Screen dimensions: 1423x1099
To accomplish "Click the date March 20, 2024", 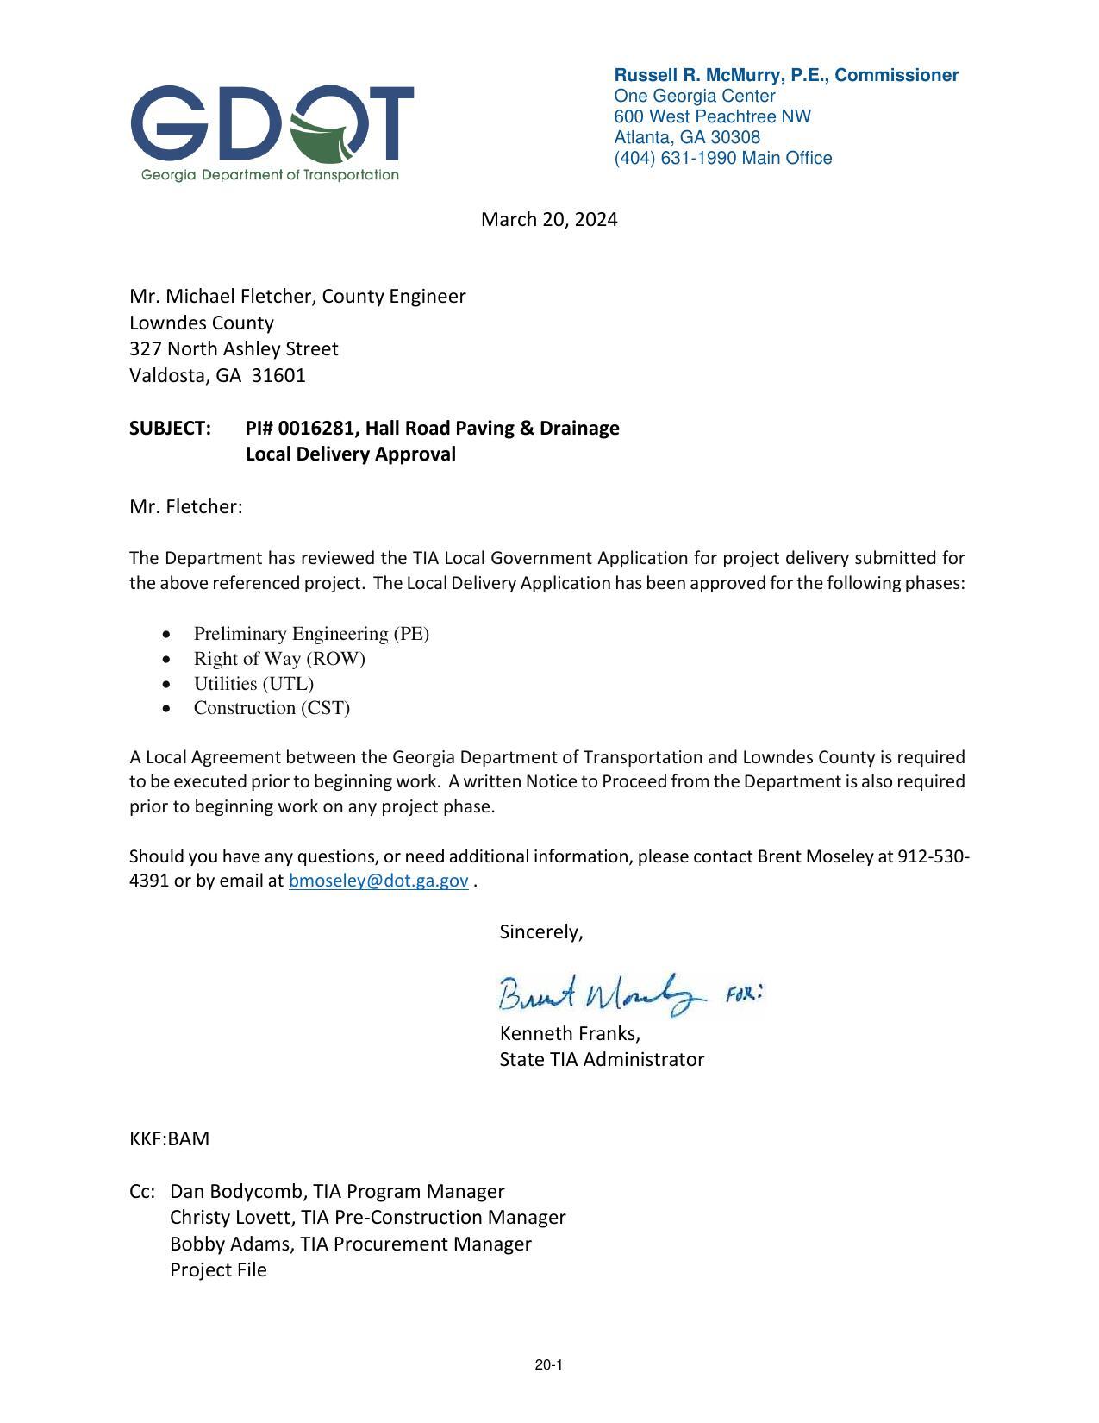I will tap(549, 219).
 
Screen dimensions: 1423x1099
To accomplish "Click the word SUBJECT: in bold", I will tap(171, 428).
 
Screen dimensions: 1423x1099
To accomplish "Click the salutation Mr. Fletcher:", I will tap(186, 506).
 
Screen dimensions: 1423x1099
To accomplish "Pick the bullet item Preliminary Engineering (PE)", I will tap(311, 634).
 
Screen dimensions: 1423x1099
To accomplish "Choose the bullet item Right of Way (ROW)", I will tap(279, 659).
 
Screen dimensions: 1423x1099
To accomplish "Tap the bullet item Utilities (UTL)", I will tap(253, 684).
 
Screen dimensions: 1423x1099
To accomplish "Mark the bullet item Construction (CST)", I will tap(272, 708).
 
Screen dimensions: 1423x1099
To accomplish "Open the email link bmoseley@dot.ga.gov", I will tap(378, 881).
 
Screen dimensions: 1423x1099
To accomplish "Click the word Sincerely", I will tap(540, 931).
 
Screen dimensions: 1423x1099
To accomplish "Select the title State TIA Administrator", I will tap(602, 1059).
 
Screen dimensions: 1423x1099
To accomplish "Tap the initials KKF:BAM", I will tap(170, 1138).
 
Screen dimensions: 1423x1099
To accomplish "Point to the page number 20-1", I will tap(548, 1364).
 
